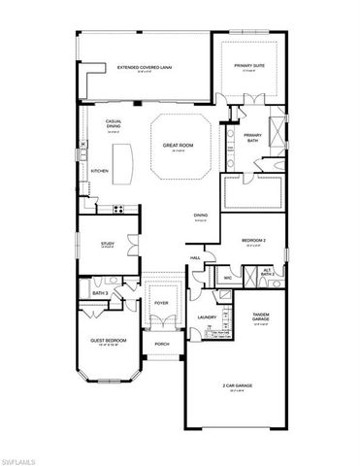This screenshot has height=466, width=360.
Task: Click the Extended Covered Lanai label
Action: tap(140, 67)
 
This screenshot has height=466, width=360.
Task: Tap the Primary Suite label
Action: tap(250, 66)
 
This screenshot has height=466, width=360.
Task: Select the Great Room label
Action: tap(177, 146)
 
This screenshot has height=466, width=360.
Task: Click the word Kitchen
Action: tap(100, 171)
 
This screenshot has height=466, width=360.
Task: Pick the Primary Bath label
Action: tap(253, 138)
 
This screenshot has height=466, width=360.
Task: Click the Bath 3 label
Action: tap(100, 293)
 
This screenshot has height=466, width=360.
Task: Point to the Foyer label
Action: tap(161, 302)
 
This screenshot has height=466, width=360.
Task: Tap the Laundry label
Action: tap(206, 317)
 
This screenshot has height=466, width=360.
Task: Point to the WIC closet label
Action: tap(227, 279)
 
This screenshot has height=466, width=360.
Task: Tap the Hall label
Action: tap(195, 257)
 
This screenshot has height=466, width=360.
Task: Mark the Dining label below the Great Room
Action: tap(200, 215)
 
